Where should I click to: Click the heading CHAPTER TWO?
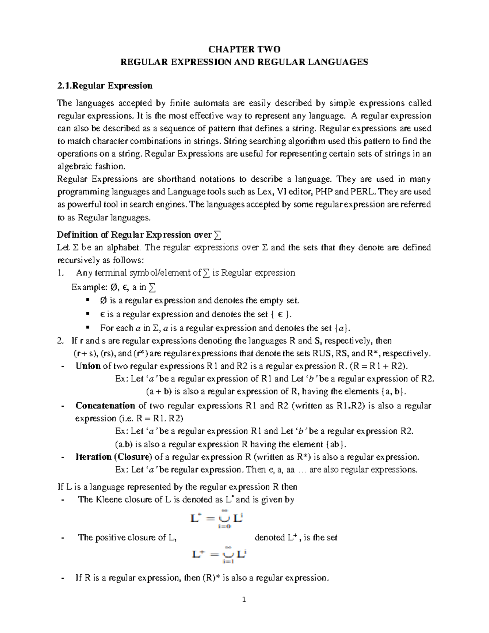(x=244, y=50)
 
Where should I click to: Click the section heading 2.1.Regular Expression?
(x=105, y=86)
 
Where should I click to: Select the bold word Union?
(x=88, y=366)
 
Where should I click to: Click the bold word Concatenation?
(x=105, y=406)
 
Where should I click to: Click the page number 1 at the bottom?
(x=244, y=600)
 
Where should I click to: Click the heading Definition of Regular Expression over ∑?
(x=139, y=235)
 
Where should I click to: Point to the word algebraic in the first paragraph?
(x=73, y=166)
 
